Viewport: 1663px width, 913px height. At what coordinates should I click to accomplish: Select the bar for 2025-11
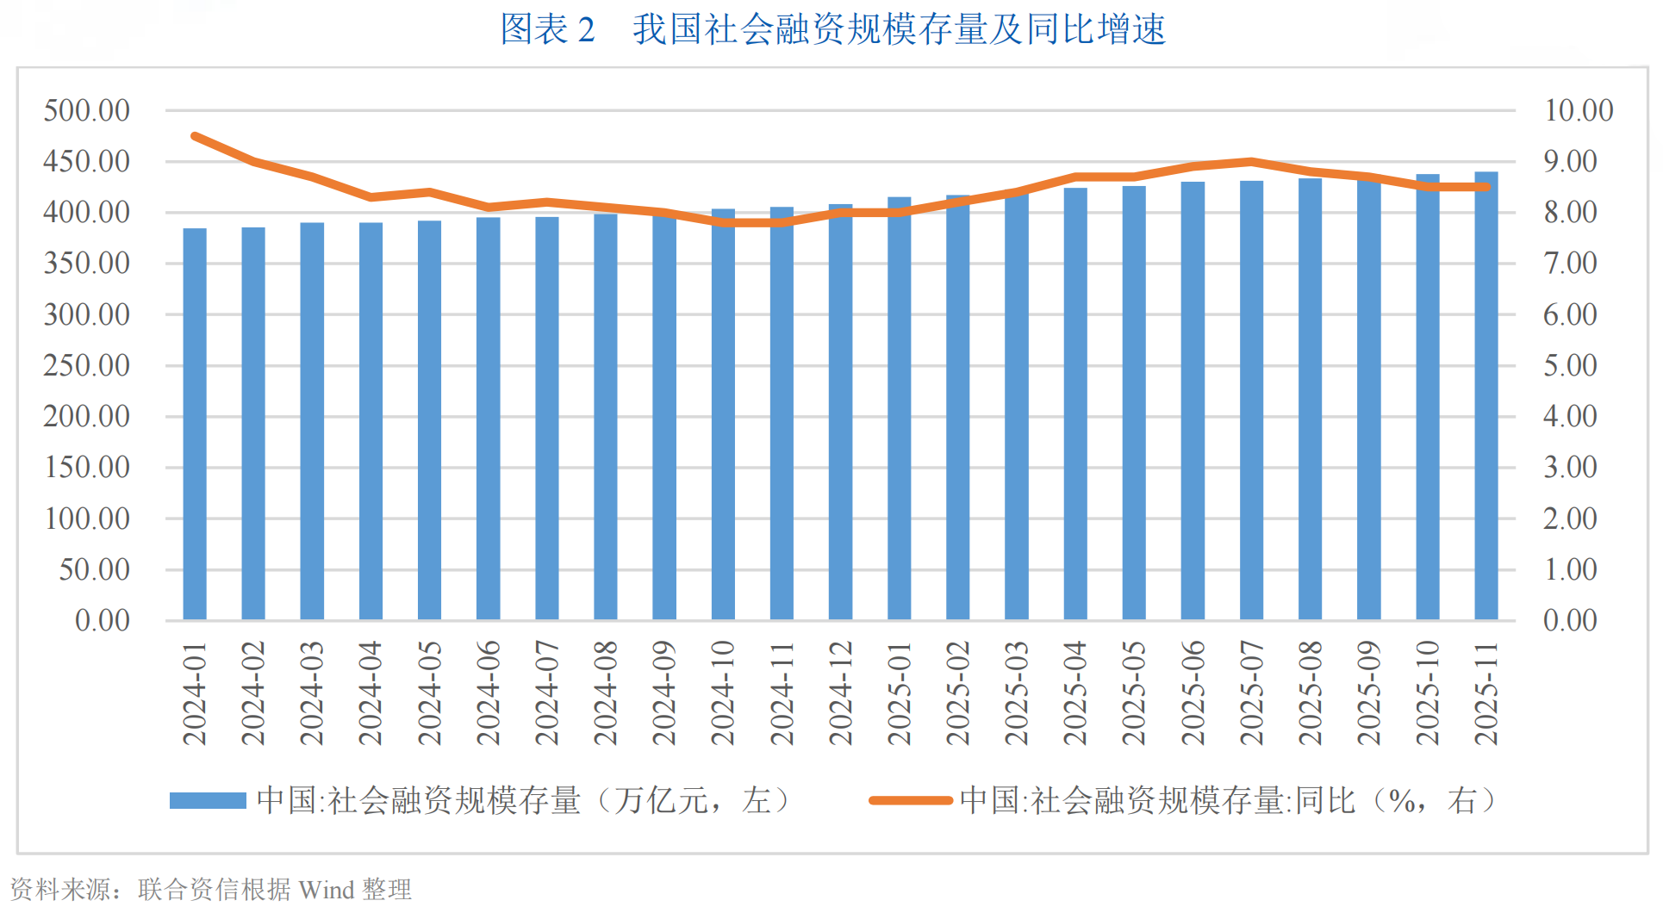click(x=1486, y=396)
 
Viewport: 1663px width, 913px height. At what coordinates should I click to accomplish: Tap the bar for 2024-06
click(x=489, y=419)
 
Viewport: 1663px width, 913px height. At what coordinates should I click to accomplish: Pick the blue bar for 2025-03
click(x=1017, y=407)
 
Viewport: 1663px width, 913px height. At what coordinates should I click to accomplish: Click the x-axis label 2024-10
click(x=722, y=693)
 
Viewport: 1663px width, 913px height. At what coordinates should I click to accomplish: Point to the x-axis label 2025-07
click(x=1251, y=693)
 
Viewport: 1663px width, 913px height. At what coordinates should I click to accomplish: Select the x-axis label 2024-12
click(x=840, y=693)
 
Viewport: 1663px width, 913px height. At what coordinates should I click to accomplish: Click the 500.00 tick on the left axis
click(x=87, y=110)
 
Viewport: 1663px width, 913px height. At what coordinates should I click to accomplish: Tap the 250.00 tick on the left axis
click(x=87, y=365)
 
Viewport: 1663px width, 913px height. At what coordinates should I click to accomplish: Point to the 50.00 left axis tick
click(x=95, y=569)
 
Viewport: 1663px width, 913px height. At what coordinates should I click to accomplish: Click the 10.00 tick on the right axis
click(x=1579, y=110)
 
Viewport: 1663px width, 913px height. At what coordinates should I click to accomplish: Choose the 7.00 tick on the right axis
click(x=1570, y=263)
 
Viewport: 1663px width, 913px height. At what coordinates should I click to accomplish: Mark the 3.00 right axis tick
click(x=1570, y=467)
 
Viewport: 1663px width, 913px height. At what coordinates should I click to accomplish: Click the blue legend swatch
click(x=208, y=801)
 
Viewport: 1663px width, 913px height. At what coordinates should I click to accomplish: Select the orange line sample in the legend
click(x=911, y=801)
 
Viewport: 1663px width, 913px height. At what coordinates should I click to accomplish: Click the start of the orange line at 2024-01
click(x=195, y=136)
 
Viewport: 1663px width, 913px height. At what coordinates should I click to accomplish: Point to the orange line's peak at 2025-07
click(x=1251, y=161)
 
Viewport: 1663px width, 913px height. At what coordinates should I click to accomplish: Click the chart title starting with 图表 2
click(x=832, y=29)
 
